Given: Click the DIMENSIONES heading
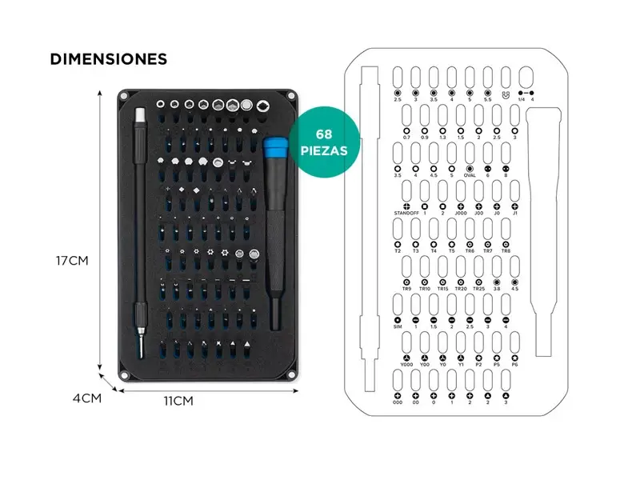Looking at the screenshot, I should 108,59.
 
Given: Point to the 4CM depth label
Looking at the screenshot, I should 86,398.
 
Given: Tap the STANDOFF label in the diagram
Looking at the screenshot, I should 407,214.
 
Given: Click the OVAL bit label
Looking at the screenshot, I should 470,175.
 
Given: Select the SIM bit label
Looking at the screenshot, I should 398,327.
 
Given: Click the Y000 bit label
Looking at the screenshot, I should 406,365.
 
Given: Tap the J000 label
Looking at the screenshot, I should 460,214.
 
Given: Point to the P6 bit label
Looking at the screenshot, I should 515,365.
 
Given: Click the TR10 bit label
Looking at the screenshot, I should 424,289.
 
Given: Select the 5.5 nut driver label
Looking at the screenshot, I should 487,100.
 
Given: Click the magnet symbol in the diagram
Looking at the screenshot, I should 505,94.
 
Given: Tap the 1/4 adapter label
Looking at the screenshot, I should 519,100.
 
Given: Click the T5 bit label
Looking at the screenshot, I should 451,250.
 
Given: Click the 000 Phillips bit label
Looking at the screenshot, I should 398,403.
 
